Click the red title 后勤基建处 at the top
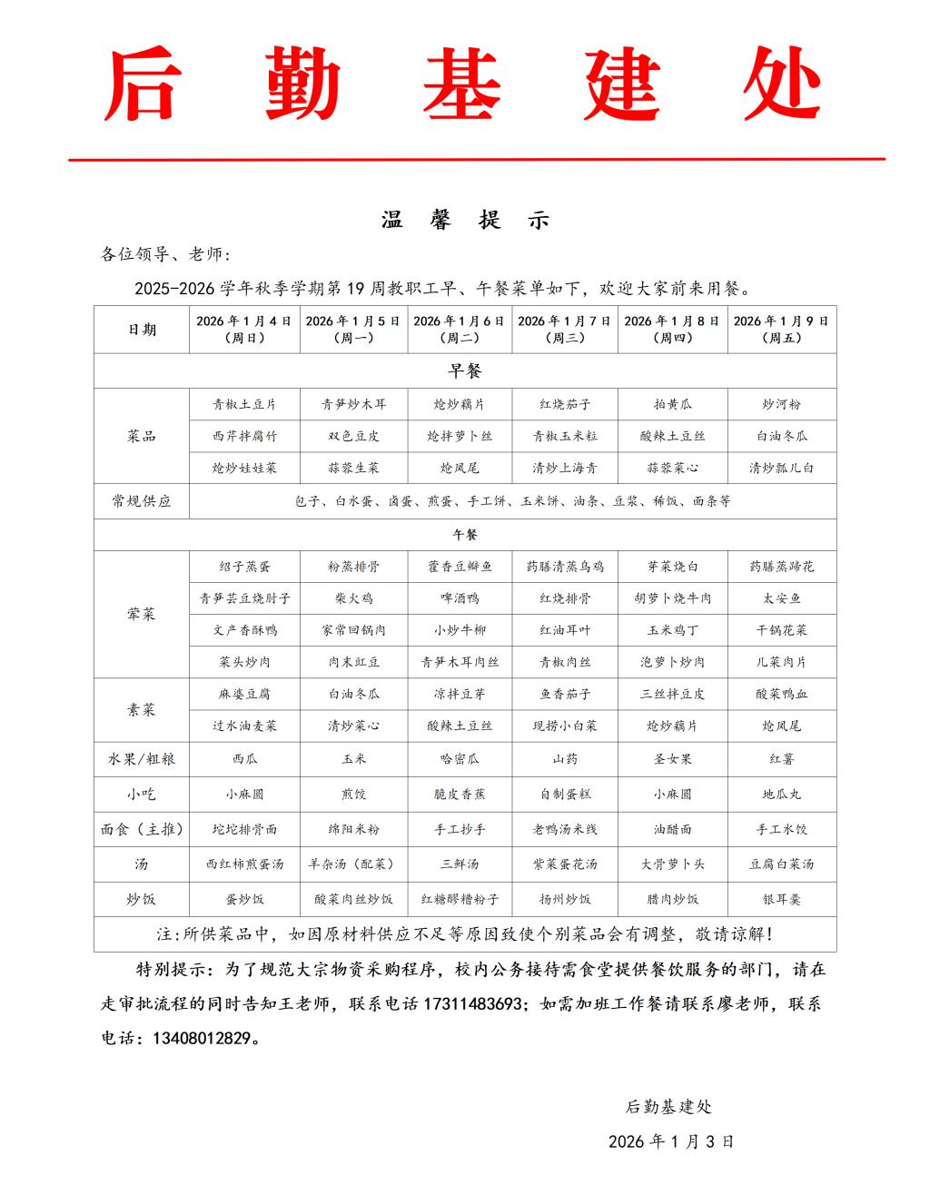point(464,84)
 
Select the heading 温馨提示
point(464,220)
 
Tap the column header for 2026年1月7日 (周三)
point(565,329)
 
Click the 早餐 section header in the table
point(464,370)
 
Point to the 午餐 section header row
point(464,535)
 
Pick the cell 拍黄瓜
point(672,404)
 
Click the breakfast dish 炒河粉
point(781,404)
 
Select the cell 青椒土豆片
point(244,404)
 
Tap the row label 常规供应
point(142,500)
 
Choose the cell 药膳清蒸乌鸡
point(565,567)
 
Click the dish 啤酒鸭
point(460,598)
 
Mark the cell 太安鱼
point(781,598)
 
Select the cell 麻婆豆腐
point(244,694)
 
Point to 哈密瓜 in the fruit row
point(460,759)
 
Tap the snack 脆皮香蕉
point(460,794)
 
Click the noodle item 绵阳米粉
point(354,829)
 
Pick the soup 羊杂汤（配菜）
point(354,864)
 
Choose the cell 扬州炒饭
point(565,899)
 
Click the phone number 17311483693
point(473,1004)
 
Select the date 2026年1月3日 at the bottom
point(671,1141)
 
